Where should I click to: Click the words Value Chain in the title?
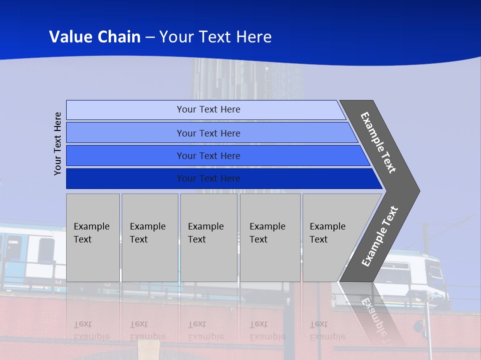point(95,37)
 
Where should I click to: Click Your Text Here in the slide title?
point(215,37)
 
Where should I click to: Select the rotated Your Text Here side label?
point(58,143)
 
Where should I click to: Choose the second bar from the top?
point(208,133)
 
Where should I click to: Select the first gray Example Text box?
point(93,237)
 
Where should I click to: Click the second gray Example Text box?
point(149,237)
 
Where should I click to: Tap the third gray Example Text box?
point(208,237)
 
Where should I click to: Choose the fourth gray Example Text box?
point(270,237)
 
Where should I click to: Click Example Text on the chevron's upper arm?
point(378,142)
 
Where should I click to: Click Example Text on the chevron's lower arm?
point(380,236)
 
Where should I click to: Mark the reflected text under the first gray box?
point(92,330)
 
